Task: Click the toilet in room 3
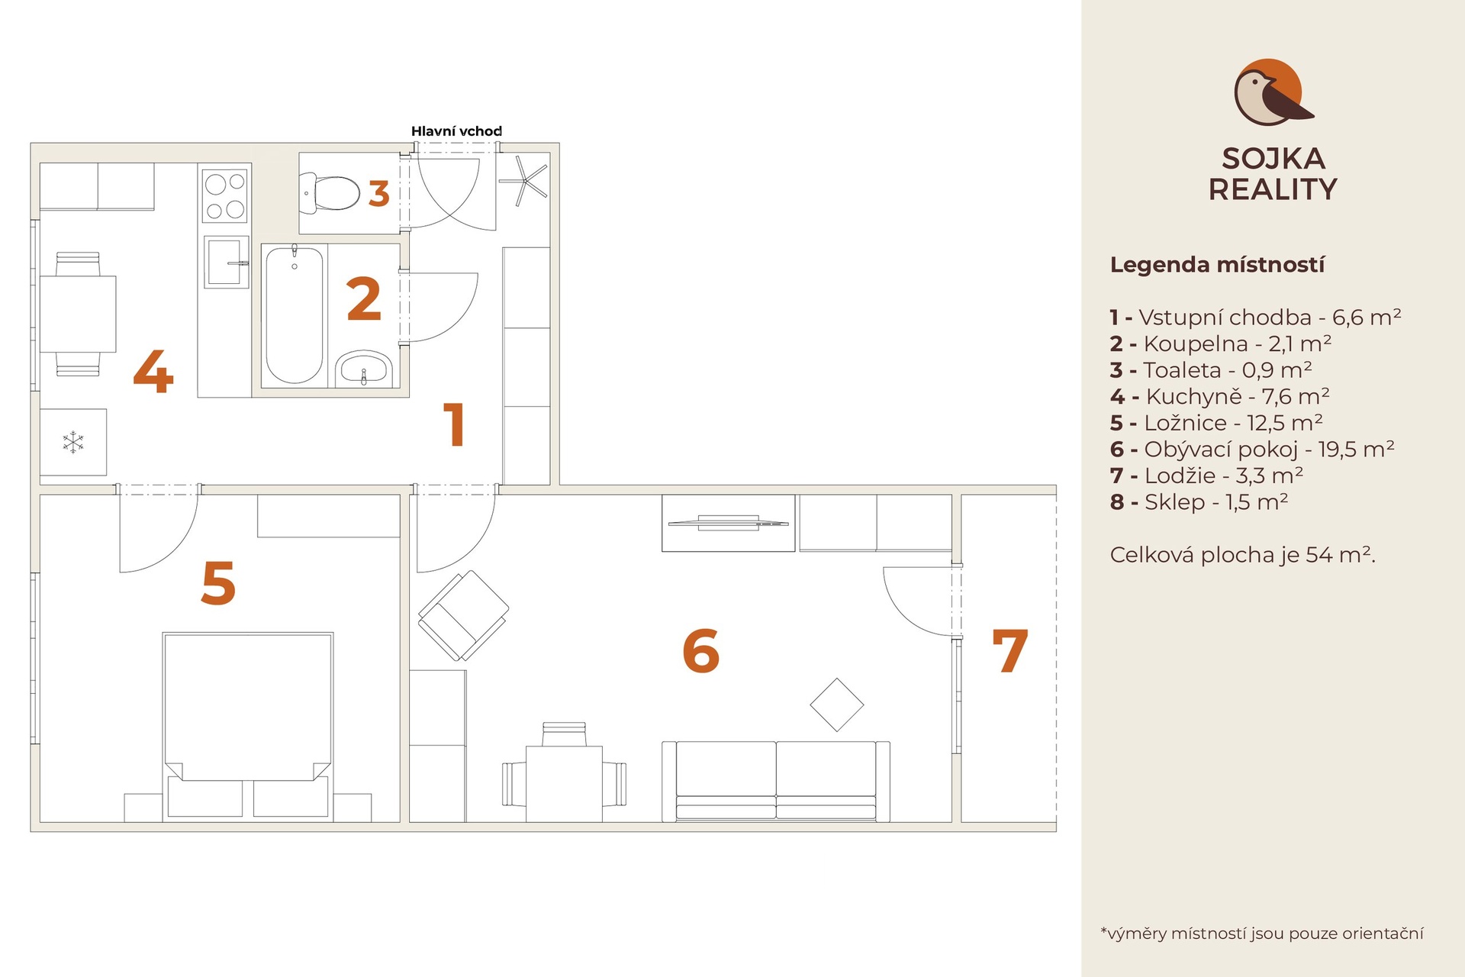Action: [x=330, y=192]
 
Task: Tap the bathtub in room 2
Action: [x=294, y=314]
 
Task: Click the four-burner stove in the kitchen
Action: [x=225, y=195]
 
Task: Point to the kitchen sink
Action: [x=227, y=262]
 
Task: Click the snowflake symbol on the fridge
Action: [x=73, y=442]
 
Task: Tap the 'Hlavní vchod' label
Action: [x=456, y=131]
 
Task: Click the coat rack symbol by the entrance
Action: [x=523, y=180]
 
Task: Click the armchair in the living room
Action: [x=463, y=615]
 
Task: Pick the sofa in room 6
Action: [x=776, y=781]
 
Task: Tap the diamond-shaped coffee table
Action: [x=837, y=705]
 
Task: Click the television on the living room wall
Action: [x=728, y=522]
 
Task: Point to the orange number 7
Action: [x=1009, y=650]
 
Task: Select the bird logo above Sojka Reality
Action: [x=1272, y=92]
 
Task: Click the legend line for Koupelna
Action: [x=1221, y=343]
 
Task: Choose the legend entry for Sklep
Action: [x=1199, y=501]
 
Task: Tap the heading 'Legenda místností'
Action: [x=1217, y=265]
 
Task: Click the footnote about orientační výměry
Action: [x=1262, y=933]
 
